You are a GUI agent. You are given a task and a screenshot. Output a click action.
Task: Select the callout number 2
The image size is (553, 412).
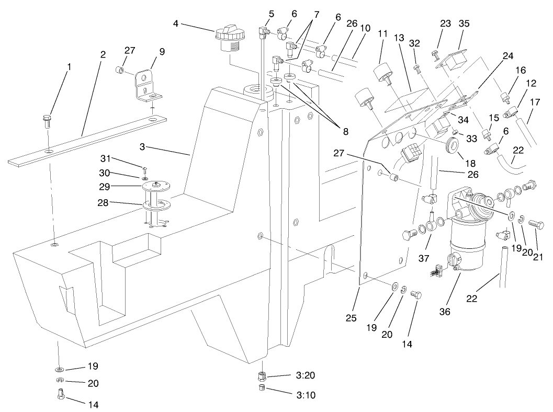[x=103, y=54]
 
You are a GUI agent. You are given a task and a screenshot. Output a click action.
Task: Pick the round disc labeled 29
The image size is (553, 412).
[x=156, y=186]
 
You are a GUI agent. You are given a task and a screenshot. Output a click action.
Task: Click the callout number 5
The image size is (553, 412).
[x=272, y=13]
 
